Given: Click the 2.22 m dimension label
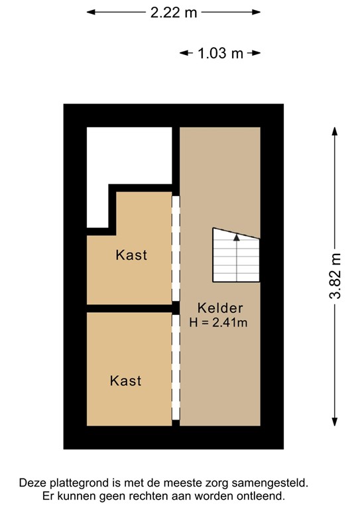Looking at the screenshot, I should tap(174, 13).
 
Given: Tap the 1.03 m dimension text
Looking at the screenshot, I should tap(220, 54).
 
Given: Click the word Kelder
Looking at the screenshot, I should tap(220, 308).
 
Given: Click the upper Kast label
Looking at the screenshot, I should tap(131, 254).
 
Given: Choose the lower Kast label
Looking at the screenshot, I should tap(126, 380).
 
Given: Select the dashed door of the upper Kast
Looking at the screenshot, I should tap(176, 248).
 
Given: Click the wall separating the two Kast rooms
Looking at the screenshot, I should tap(129, 308).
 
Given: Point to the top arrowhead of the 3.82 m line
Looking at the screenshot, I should tap(335, 131).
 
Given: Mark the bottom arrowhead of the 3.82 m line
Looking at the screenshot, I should tap(335, 422).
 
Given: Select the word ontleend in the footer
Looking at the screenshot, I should tap(262, 496).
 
